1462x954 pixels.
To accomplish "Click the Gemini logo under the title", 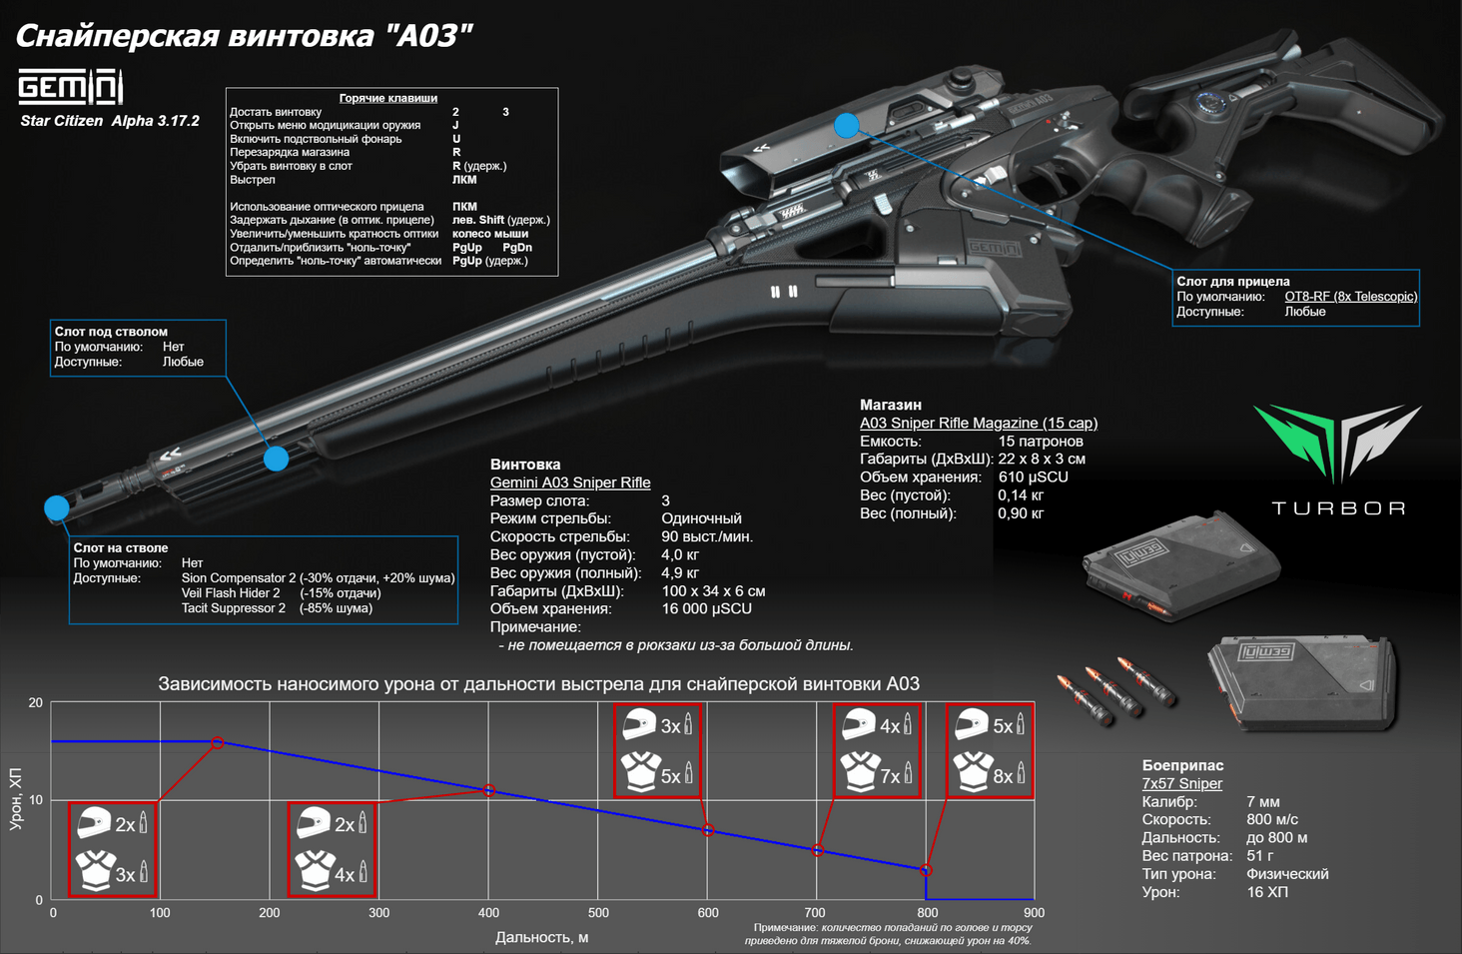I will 70,87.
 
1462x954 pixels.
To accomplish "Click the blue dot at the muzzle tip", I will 57,507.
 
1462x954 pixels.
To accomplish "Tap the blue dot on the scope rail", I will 847,125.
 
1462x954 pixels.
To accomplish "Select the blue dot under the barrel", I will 276,459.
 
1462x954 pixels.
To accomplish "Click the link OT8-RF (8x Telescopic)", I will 1350,297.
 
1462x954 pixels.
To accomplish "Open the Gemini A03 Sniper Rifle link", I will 569,482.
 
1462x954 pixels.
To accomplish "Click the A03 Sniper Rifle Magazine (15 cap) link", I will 978,423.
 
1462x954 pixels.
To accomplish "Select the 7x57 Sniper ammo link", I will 1181,783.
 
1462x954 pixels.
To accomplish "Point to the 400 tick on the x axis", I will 488,912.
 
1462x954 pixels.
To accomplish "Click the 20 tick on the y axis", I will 36,703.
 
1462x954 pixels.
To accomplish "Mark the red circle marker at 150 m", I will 218,742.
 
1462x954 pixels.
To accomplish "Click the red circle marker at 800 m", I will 926,870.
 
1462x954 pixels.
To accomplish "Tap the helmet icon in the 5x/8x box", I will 971,724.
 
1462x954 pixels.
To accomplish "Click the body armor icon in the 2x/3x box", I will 95,871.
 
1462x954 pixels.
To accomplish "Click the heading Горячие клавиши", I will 387,98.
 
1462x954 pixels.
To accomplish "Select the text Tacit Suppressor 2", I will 233,608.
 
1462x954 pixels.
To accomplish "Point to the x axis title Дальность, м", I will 541,937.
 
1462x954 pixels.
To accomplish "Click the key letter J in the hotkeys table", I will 456,126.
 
